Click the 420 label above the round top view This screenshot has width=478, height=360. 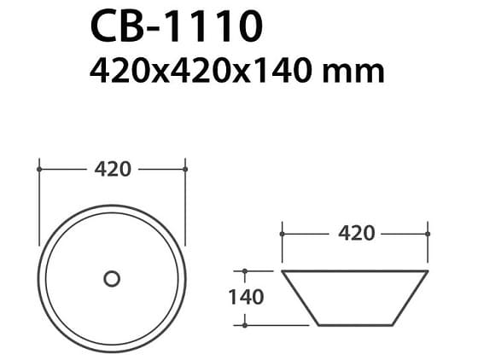point(112,169)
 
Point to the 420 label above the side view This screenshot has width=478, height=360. point(356,232)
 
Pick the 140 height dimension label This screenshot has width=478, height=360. point(245,297)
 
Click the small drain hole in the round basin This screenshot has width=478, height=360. point(112,278)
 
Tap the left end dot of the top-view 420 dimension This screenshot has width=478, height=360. point(39,169)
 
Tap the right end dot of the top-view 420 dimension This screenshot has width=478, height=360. point(185,169)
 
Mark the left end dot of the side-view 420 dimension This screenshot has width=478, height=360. point(283,232)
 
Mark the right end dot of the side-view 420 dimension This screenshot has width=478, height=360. point(427,232)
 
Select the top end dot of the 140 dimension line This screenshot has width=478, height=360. point(245,271)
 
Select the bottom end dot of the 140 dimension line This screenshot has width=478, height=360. point(245,325)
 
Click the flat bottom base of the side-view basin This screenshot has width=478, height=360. point(355,325)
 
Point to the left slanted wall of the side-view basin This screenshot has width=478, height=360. point(300,299)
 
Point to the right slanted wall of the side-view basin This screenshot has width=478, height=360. point(411,299)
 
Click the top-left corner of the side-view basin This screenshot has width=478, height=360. point(283,271)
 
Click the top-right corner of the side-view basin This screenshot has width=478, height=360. point(427,271)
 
